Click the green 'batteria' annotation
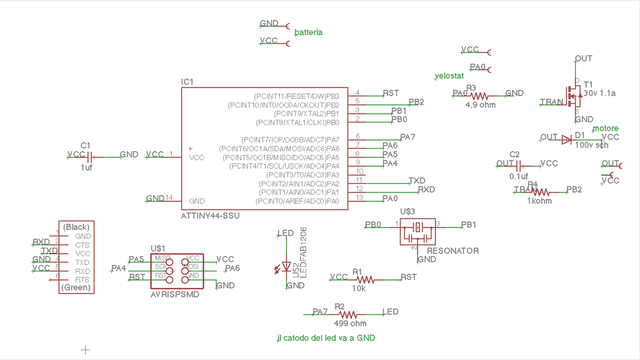point(308,32)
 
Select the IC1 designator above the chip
point(187,82)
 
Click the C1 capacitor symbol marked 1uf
point(90,156)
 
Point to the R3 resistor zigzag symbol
point(479,96)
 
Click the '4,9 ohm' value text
point(480,105)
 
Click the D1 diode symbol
point(566,139)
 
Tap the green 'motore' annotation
point(605,128)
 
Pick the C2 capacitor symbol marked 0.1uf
point(518,165)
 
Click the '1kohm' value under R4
point(539,201)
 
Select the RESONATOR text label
point(452,251)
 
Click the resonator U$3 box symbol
point(417,232)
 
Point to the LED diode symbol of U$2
point(287,267)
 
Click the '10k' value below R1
point(359,289)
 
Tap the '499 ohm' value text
point(350,324)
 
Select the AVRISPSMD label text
point(175,294)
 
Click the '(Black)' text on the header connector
point(77,227)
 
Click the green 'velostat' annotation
point(449,76)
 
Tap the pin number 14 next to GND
point(169,197)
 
